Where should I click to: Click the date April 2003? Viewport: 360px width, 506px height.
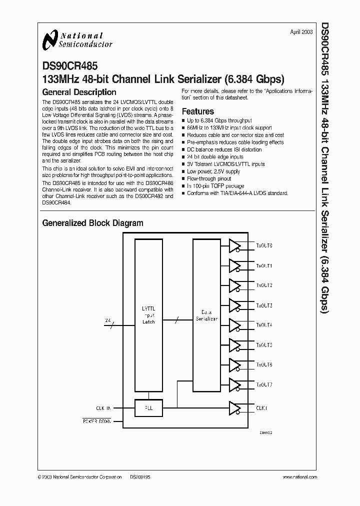[301, 31]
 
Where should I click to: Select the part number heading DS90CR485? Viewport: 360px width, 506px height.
[70, 65]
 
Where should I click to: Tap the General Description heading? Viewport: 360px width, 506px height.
[79, 92]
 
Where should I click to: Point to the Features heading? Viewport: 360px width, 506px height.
[197, 111]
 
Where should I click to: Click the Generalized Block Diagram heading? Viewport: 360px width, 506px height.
[92, 223]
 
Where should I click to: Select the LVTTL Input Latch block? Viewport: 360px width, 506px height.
[148, 315]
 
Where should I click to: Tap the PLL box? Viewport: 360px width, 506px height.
[148, 408]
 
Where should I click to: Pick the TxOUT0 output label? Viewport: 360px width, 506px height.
[264, 246]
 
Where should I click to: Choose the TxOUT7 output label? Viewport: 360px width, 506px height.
[264, 384]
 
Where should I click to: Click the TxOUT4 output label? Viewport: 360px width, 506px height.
[264, 325]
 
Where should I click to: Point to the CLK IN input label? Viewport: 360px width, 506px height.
[104, 408]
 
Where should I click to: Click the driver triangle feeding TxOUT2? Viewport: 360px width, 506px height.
[234, 285]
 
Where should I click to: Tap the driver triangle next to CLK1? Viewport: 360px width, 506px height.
[234, 408]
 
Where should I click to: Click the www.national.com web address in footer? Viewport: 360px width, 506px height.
[297, 477]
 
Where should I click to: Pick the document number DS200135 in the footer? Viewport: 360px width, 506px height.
[140, 477]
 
